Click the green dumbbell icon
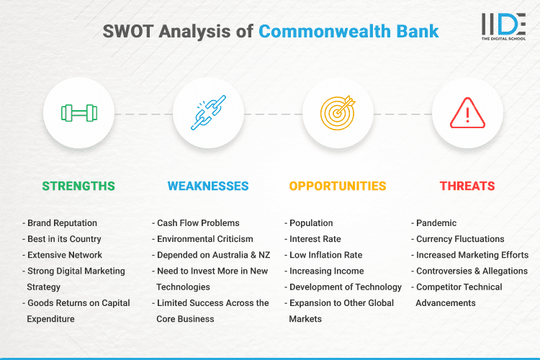[78, 113]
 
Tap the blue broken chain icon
[208, 113]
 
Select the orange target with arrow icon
[338, 113]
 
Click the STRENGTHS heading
[78, 186]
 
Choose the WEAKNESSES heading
[208, 186]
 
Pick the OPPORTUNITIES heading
[338, 186]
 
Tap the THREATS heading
[467, 186]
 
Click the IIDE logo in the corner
[503, 25]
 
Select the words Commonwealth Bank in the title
[348, 32]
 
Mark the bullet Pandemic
[436, 223]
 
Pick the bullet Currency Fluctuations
[460, 239]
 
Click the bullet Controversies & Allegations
[472, 271]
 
